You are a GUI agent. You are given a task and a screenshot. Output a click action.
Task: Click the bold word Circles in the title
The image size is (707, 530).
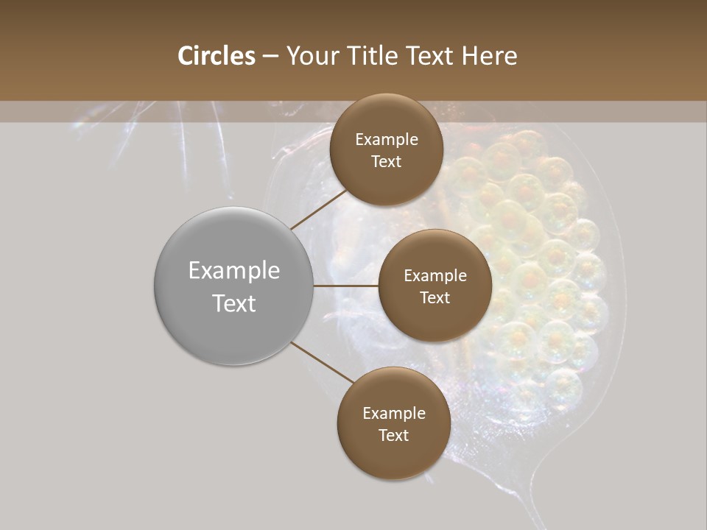[216, 56]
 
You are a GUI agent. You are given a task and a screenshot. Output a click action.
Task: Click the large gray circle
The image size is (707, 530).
[233, 286]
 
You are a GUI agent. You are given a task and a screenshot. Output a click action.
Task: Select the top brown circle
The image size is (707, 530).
[386, 149]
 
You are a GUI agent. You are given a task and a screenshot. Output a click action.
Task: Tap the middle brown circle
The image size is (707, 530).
[435, 286]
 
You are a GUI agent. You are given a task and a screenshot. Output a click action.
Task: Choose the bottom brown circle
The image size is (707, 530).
[393, 423]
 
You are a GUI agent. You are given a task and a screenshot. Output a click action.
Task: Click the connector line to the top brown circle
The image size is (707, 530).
[319, 209]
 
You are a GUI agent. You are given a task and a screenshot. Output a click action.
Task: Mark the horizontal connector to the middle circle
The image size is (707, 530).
[345, 286]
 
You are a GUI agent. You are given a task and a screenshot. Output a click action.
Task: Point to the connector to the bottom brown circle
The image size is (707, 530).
[321, 363]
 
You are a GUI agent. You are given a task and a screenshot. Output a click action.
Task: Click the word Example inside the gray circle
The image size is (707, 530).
[233, 270]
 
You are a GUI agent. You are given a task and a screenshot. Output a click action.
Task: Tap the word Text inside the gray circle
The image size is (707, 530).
[233, 303]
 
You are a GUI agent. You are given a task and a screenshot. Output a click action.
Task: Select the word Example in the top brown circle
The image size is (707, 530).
[386, 139]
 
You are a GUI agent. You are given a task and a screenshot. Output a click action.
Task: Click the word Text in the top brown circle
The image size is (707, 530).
[386, 161]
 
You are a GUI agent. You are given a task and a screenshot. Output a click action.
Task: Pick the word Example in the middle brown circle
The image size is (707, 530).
[435, 275]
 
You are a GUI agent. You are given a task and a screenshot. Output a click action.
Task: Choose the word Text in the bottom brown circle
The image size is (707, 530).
[393, 435]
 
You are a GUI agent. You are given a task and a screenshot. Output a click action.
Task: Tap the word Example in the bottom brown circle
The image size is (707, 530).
[393, 413]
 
